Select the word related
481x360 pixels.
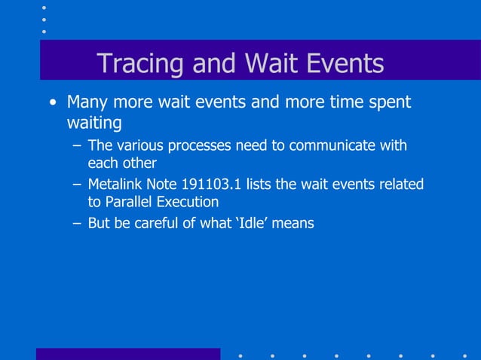pos(400,185)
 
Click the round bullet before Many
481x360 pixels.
pos(52,102)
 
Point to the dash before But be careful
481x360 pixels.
pos(76,223)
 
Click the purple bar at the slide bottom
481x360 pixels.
pos(128,354)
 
